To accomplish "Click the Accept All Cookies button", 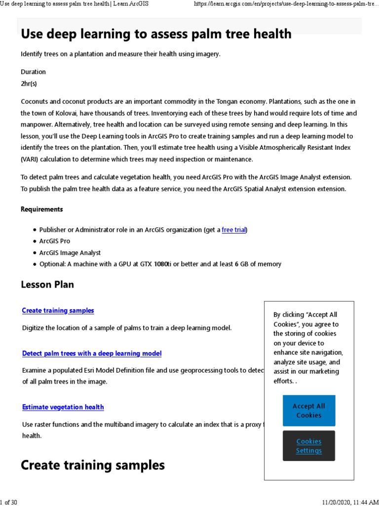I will coord(309,411).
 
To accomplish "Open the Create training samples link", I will coord(58,310).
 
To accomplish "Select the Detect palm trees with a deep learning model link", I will coord(92,353).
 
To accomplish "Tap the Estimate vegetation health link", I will coord(63,407).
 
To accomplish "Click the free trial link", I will coord(233,230).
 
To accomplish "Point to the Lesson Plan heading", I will coord(47,285).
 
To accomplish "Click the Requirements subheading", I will coord(42,209).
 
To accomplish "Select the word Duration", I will coord(33,72).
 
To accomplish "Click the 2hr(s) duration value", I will coord(29,84).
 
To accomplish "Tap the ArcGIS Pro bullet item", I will coord(55,241).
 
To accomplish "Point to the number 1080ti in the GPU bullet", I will coord(161,264).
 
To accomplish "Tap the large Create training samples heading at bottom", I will coord(93,465).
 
